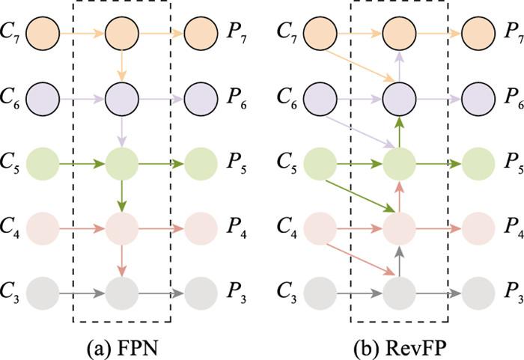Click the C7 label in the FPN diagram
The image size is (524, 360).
coord(13,32)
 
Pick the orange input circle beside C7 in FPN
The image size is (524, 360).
coord(44,32)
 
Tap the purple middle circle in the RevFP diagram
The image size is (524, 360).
coord(400,97)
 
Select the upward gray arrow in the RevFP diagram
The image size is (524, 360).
coord(400,257)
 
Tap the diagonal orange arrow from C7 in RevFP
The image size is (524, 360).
coord(359,64)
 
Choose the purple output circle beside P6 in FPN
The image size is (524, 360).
coord(200,97)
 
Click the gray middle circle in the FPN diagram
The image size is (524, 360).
coord(123,290)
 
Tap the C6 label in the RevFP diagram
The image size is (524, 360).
coord(289,97)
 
